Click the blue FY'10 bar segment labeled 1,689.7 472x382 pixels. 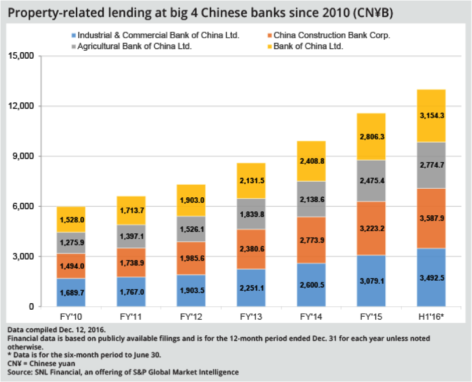[71, 292]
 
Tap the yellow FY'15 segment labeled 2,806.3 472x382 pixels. [371, 137]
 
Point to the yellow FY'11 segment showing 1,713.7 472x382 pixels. [131, 210]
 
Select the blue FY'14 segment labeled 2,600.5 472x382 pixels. [311, 285]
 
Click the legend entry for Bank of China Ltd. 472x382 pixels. [308, 46]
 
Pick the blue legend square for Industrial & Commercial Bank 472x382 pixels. [74, 36]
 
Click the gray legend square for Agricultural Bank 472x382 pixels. [74, 47]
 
